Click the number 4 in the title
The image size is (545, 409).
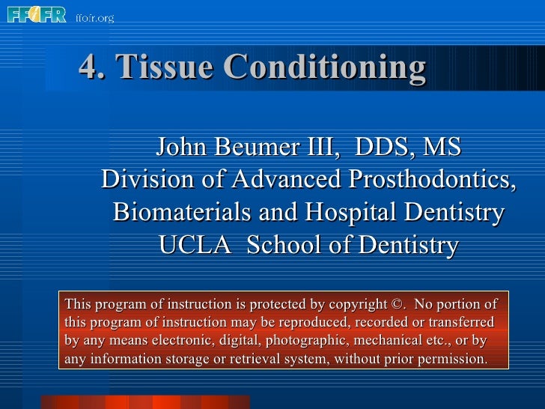pyautogui.click(x=87, y=69)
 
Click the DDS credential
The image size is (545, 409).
pyautogui.click(x=381, y=147)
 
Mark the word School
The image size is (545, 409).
pyautogui.click(x=292, y=245)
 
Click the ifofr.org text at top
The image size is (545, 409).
pyautogui.click(x=94, y=17)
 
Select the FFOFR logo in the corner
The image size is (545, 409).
pyautogui.click(x=36, y=14)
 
